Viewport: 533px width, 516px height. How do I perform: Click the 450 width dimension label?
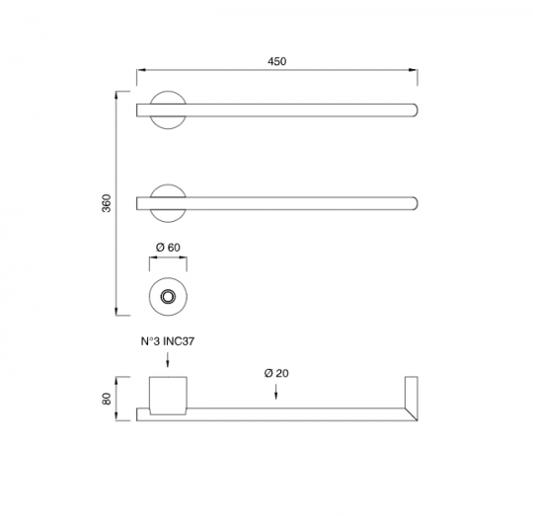point(276,61)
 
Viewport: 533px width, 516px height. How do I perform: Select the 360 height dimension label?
point(107,203)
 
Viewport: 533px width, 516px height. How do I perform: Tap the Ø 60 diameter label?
point(168,248)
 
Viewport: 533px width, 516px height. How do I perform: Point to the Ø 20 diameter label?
point(276,373)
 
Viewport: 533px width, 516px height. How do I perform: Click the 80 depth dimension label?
point(107,399)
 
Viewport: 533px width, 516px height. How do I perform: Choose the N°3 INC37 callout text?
point(168,341)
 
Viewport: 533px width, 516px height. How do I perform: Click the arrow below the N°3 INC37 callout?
point(168,360)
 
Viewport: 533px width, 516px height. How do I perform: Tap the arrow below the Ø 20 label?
point(276,392)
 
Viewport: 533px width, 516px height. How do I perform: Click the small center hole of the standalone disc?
point(168,297)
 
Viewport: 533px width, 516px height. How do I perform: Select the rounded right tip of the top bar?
point(416,111)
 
